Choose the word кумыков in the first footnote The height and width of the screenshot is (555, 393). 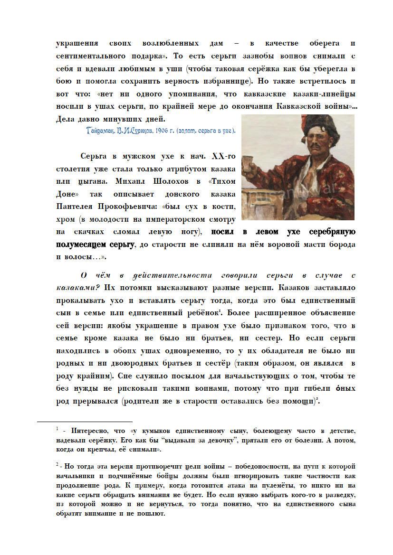click(159, 430)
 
